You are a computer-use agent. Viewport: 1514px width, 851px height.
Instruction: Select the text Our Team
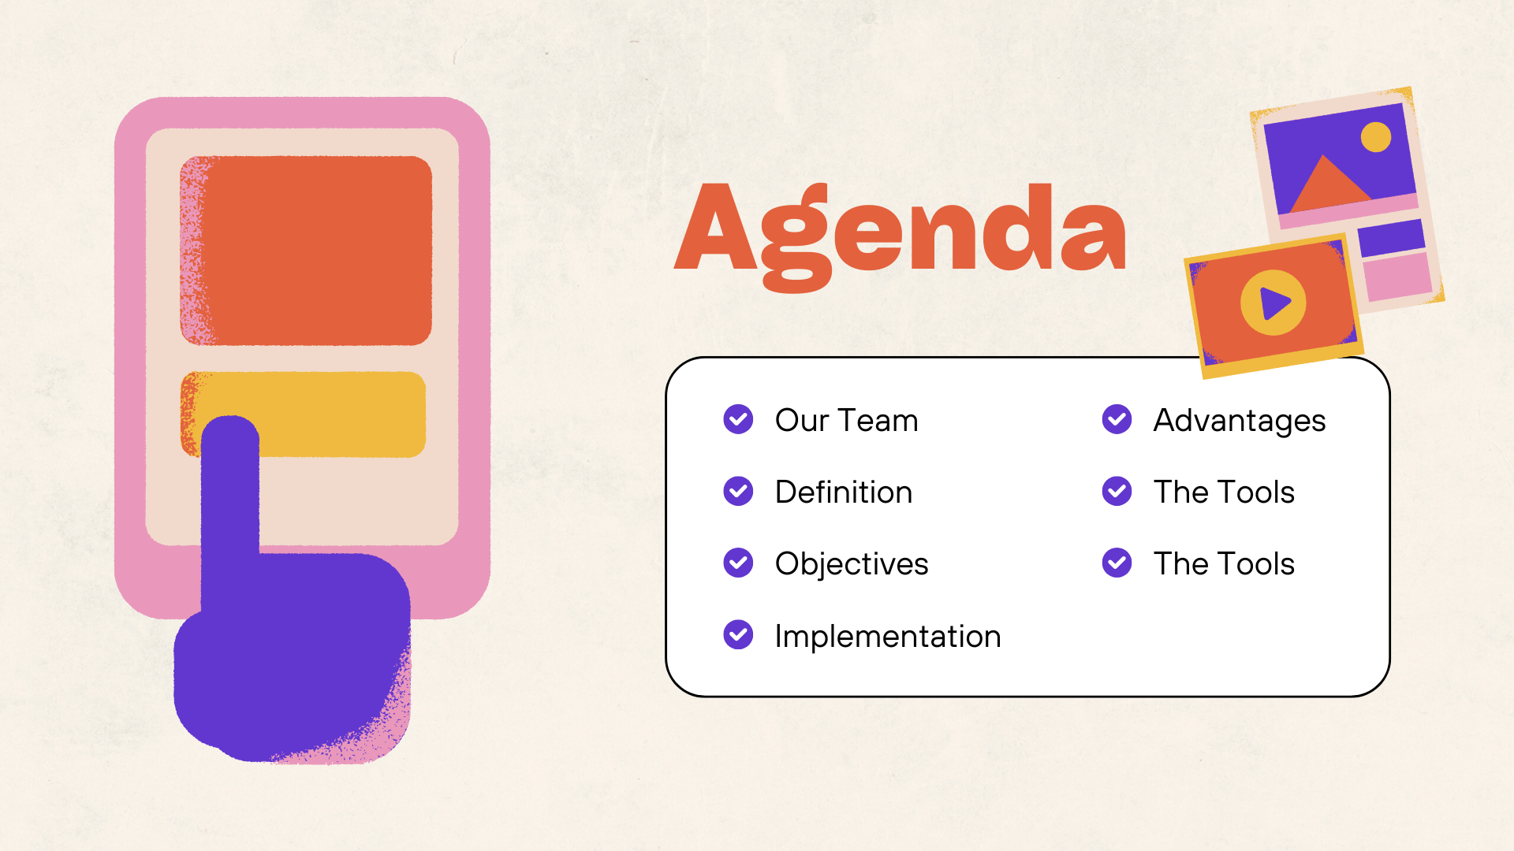coord(846,421)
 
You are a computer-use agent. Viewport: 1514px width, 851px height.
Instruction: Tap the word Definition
coord(844,492)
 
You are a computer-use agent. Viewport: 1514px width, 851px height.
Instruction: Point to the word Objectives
coord(852,564)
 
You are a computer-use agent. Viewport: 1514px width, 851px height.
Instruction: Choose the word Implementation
coord(888,636)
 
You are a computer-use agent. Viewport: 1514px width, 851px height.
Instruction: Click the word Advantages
coord(1240,421)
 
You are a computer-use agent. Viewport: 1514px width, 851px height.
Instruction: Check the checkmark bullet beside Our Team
coord(738,419)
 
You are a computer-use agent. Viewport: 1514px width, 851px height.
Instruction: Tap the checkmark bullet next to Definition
coord(738,491)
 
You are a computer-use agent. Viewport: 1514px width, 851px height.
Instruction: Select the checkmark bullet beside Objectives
coord(738,563)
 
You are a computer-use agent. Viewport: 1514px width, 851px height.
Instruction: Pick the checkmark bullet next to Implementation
coord(738,634)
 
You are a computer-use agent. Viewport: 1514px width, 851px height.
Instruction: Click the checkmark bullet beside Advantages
coord(1117,419)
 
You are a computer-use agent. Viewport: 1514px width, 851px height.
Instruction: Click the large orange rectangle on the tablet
coord(306,251)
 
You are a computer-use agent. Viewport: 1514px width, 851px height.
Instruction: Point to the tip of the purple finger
coord(230,418)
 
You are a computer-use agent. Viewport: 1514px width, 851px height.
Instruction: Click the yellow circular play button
coord(1273,303)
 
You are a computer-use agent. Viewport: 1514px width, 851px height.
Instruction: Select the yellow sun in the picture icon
coord(1376,137)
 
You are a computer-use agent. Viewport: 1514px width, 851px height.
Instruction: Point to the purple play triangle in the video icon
coord(1274,303)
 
